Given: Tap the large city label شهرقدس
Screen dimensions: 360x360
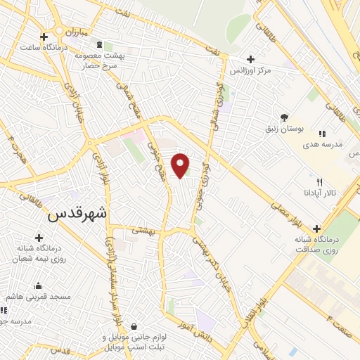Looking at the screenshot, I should [x=77, y=215].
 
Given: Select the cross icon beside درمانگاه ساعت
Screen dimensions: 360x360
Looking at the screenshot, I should [x=44, y=37].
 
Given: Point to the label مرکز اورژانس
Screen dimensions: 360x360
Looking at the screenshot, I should [x=254, y=71].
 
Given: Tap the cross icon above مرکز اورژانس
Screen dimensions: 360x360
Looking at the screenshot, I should [x=250, y=59].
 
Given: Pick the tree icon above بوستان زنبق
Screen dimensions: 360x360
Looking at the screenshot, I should [x=284, y=117].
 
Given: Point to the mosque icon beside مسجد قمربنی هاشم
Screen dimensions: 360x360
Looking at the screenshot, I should [x=39, y=285].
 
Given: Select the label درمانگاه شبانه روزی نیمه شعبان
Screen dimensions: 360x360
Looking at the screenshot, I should [x=40, y=254].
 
